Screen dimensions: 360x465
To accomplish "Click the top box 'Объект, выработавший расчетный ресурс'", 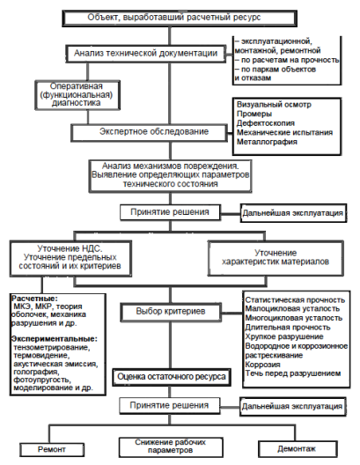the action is coord(180,18).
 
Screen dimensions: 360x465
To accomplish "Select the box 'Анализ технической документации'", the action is coord(146,54).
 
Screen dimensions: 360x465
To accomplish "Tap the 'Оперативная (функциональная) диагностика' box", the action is coord(77,95).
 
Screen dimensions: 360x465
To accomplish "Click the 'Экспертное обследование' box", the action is coord(150,132).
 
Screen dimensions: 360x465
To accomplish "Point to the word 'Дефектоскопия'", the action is coord(266,123).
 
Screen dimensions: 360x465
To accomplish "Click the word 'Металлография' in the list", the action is coord(267,142).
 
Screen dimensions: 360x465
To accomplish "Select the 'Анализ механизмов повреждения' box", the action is coord(171,175).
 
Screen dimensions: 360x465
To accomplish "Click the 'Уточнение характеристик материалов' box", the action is coord(276,258).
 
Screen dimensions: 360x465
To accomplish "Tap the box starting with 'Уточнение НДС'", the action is coord(70,258).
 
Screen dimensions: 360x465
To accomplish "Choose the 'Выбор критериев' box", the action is coord(171,312).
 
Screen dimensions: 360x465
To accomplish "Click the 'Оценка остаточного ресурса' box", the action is coord(172,377).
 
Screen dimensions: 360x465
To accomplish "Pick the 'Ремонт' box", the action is coord(52,449).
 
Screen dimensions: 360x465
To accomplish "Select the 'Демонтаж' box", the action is coord(298,449).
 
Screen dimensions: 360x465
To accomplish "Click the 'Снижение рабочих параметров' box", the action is coord(171,447).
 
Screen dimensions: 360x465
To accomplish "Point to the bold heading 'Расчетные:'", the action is coord(34,299).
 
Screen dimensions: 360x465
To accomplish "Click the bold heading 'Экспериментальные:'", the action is coord(55,339).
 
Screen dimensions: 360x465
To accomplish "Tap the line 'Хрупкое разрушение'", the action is coord(284,336).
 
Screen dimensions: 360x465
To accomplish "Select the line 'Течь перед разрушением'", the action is coord(293,373).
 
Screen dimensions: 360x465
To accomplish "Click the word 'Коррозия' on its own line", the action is coord(262,365).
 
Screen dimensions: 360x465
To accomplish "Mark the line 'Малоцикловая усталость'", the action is coord(292,309).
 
